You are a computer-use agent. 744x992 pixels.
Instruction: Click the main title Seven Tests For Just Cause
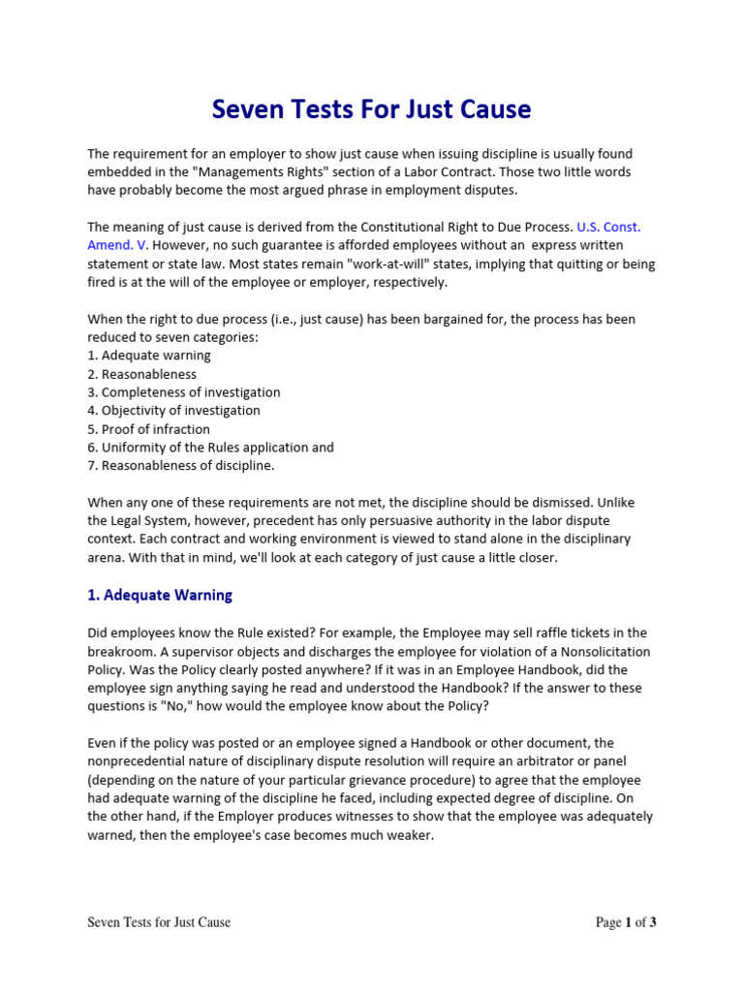(372, 109)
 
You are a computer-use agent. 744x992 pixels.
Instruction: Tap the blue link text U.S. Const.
(608, 227)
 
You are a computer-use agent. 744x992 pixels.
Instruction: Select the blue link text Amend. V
(118, 245)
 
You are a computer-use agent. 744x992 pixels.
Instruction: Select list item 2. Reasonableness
(141, 374)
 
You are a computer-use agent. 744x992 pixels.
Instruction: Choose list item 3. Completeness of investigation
(184, 392)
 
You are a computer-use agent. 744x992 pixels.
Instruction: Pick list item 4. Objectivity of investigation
(173, 411)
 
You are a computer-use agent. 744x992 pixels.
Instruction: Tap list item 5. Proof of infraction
(148, 429)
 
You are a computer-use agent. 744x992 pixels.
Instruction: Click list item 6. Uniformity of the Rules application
(210, 448)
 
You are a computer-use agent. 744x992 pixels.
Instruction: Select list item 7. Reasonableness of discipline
(181, 466)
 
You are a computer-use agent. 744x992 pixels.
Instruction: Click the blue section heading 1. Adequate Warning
(160, 595)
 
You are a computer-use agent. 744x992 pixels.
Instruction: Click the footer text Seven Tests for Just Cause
(159, 922)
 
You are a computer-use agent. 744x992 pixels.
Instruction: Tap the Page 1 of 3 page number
(626, 922)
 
